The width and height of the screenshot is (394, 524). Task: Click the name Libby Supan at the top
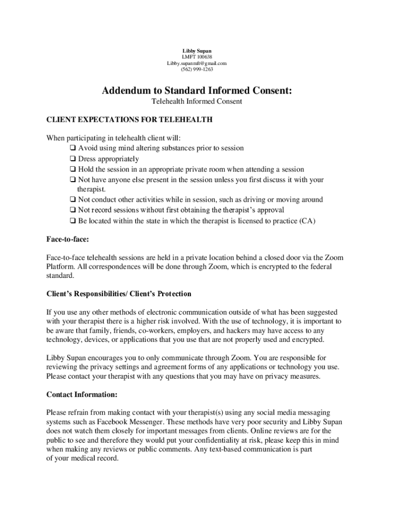(x=196, y=51)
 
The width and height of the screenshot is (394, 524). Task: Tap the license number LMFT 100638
(x=196, y=57)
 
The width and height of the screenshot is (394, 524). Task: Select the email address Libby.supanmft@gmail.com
(x=196, y=63)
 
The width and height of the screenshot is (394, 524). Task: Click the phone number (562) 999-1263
(x=196, y=70)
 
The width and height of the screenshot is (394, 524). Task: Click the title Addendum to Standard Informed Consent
(x=197, y=91)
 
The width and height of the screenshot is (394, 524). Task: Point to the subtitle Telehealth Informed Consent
(x=197, y=102)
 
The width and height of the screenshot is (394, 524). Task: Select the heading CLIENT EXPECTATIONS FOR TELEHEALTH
(x=129, y=120)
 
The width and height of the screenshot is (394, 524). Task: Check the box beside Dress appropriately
(x=73, y=159)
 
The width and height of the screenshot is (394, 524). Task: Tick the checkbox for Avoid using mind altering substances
(x=73, y=148)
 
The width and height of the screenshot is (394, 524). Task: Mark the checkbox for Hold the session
(x=73, y=169)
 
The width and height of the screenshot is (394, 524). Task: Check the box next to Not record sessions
(x=73, y=210)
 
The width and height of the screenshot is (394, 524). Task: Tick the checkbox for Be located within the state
(x=73, y=221)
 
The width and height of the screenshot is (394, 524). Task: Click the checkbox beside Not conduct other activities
(x=73, y=200)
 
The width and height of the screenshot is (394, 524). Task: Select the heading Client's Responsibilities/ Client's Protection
(x=119, y=294)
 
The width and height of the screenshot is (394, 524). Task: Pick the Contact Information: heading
(x=82, y=395)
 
